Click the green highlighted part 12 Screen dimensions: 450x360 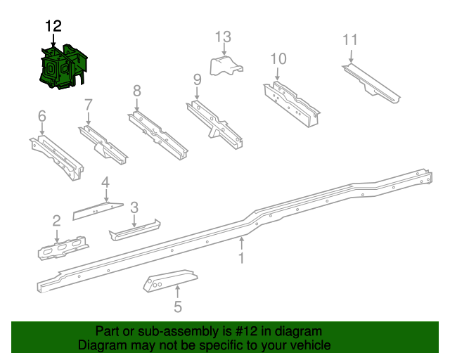pos(63,67)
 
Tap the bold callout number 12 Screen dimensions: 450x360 pos(53,26)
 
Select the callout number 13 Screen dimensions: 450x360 pos(223,37)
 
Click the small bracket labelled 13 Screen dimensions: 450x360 pos(226,66)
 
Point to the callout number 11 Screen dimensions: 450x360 pos(350,39)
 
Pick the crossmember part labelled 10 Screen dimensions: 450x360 pos(291,104)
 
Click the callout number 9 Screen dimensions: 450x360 pos(197,79)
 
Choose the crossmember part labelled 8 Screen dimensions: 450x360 pos(157,136)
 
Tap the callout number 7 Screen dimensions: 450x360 pos(89,105)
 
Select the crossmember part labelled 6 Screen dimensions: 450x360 pos(56,157)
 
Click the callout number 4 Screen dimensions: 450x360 pos(105,183)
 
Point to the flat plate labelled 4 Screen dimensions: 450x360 pos(98,211)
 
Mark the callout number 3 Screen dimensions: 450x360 pos(134,207)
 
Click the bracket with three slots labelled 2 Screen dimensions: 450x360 pos(63,248)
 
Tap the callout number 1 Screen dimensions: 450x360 pos(242,258)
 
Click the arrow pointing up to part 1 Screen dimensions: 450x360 pos(242,243)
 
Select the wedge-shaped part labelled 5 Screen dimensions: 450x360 pos(170,281)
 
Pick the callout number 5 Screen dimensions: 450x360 pos(178,307)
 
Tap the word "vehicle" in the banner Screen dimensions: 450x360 pos(313,345)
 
